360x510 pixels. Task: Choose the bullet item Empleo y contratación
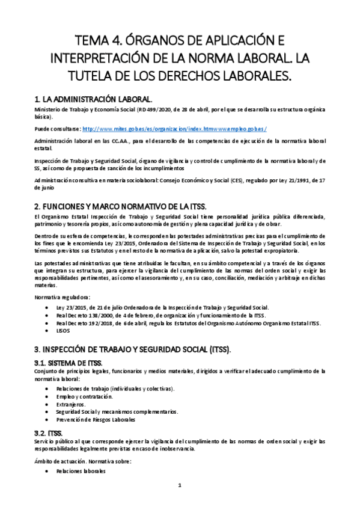click(84, 397)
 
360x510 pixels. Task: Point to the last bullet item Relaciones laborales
click(79, 471)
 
